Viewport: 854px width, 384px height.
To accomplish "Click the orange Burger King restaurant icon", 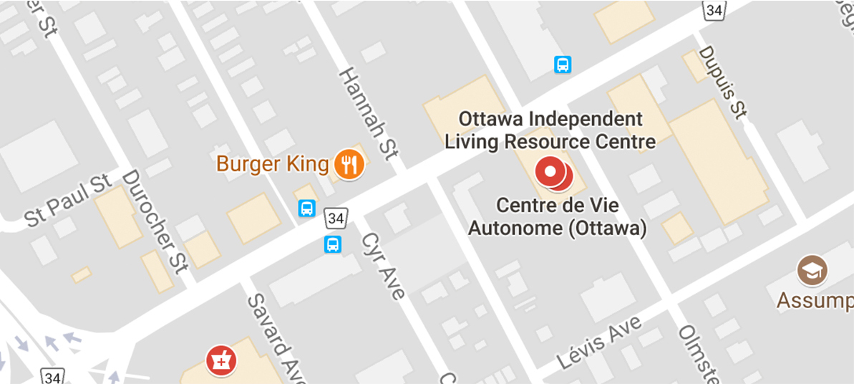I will tap(349, 165).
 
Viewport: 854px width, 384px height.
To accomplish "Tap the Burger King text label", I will tap(273, 164).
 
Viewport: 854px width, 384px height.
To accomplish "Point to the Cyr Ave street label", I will tap(383, 264).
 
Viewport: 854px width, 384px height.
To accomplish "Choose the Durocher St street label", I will tap(155, 221).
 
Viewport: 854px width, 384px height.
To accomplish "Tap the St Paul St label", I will tap(69, 199).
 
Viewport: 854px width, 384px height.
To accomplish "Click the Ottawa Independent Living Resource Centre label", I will tap(550, 130).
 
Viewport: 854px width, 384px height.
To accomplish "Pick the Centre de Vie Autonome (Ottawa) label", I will tap(558, 216).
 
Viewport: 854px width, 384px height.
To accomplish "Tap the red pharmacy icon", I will tap(220, 360).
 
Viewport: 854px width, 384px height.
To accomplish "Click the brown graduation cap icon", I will tap(812, 270).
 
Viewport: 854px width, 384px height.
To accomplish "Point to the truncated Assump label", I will tap(814, 300).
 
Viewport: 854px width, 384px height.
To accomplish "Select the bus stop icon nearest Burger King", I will tap(307, 208).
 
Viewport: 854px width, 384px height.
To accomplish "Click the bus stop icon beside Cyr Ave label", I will tap(333, 244).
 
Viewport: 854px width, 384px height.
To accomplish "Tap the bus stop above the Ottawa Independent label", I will tap(563, 65).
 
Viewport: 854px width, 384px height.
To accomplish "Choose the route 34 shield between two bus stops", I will tap(334, 216).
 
